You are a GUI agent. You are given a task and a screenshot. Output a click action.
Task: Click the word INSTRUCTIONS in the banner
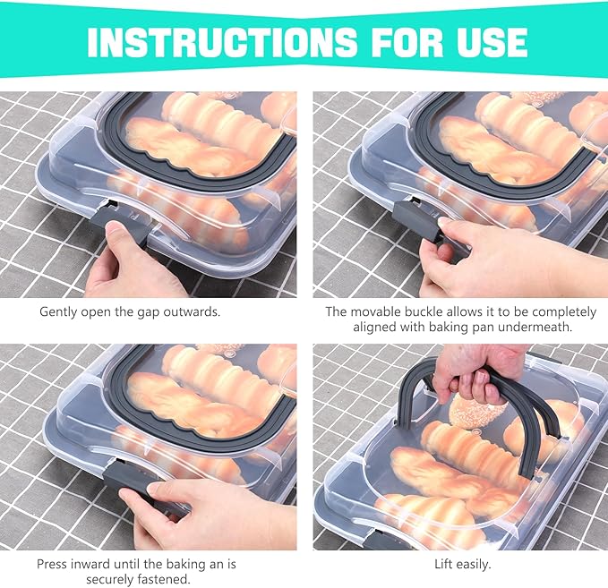coord(222,42)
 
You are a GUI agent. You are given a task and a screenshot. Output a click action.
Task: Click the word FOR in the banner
coord(407,42)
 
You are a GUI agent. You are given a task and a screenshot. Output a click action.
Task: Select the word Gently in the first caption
coord(58,312)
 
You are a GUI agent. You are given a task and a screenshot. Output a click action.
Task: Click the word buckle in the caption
coord(424,311)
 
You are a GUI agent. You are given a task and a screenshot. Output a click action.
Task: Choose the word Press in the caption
coord(52,564)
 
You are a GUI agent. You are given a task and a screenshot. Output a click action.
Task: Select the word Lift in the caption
coord(443,564)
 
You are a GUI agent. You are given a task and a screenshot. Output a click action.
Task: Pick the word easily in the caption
coord(473,565)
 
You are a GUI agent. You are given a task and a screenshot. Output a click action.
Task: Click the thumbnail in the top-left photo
coord(116,233)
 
